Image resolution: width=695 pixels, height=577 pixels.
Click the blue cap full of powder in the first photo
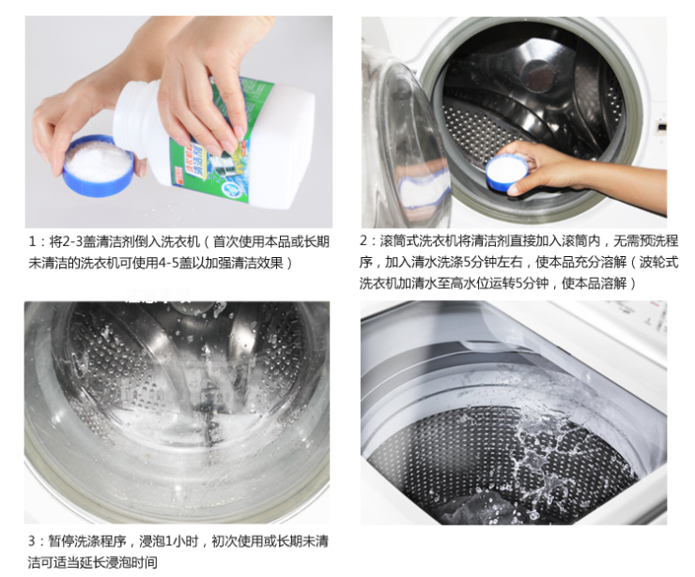tap(99, 166)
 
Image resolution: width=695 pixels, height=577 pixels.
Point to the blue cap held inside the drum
tap(507, 173)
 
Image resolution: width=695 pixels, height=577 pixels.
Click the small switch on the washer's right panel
tap(662, 128)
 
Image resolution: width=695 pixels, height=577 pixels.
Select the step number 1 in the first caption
tap(32, 242)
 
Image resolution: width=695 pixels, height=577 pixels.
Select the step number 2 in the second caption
tap(363, 240)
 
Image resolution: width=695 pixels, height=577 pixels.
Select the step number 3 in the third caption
tap(32, 541)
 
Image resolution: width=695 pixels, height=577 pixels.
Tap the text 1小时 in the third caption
tap(181, 541)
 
